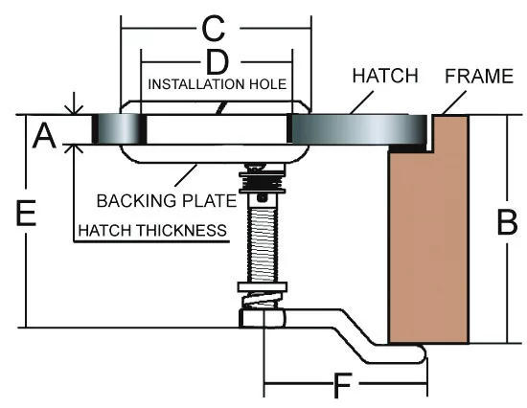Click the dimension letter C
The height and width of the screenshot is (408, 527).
pos(214,29)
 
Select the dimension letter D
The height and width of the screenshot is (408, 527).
pos(218,62)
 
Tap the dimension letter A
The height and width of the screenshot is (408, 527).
pos(44,135)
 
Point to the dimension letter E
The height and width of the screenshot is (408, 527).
pos(26,213)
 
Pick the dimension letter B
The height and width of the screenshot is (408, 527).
pos(507,222)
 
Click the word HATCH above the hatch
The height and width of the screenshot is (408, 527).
pos(385,76)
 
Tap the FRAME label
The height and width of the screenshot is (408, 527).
pos(479,77)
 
